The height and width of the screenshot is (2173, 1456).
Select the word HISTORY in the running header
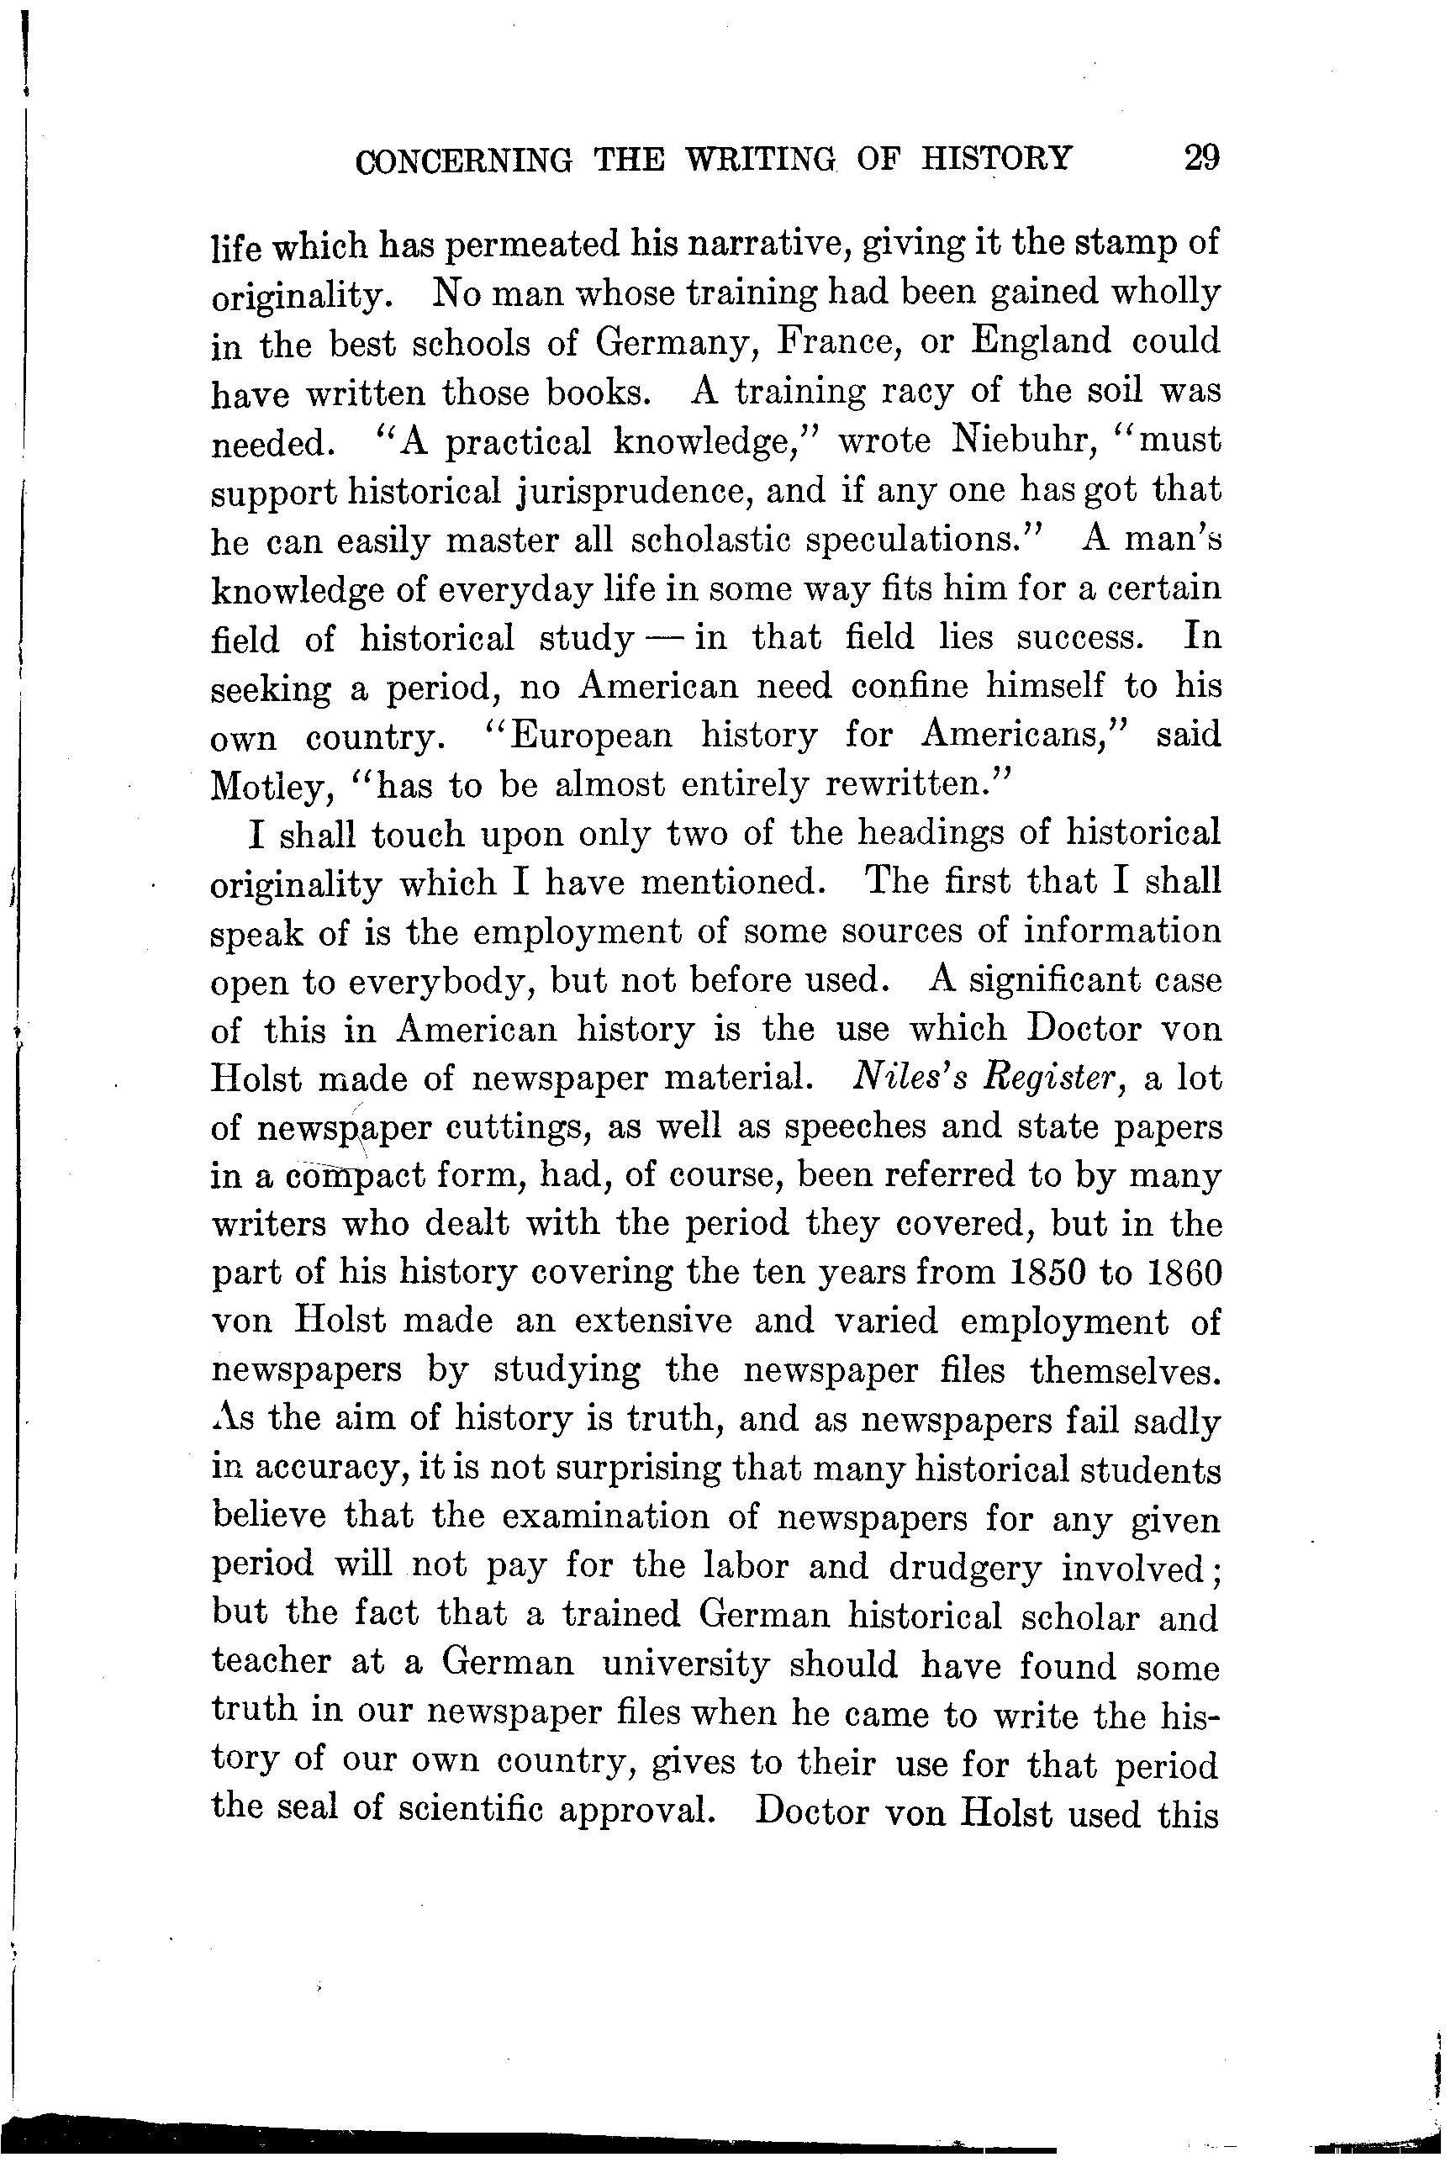coord(996,158)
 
